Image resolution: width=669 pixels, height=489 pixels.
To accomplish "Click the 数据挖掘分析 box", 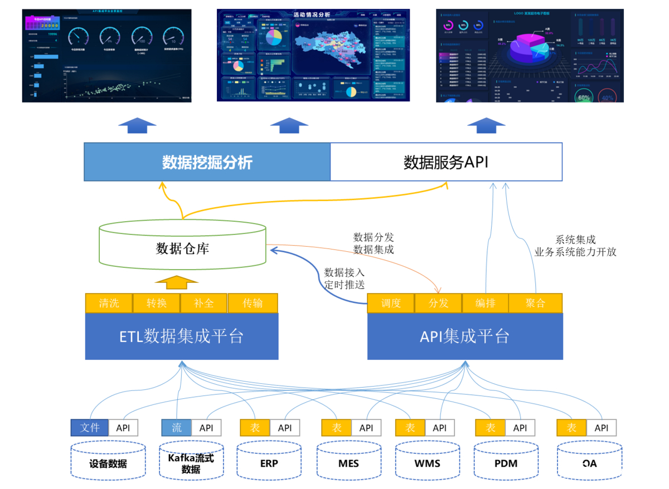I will pyautogui.click(x=207, y=162).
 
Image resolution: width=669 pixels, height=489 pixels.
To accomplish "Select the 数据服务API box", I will pyautogui.click(x=446, y=162).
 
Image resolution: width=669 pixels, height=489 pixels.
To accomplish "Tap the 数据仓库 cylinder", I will pyautogui.click(x=182, y=248).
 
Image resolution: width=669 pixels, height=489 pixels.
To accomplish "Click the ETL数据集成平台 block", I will pyautogui.click(x=182, y=336).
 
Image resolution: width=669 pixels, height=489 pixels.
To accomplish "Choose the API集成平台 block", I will pyautogui.click(x=464, y=336).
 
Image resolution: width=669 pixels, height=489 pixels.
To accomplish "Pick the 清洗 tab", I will pyautogui.click(x=109, y=304).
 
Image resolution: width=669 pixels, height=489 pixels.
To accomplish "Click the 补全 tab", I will pyautogui.click(x=204, y=304).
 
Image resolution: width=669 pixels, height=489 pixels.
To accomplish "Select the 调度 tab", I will pyautogui.click(x=391, y=304).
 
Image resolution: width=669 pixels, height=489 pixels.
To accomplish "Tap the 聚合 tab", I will pyautogui.click(x=535, y=304).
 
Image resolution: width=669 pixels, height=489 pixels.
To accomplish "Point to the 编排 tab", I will pyautogui.click(x=486, y=304).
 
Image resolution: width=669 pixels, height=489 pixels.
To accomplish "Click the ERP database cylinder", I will pyautogui.click(x=269, y=463).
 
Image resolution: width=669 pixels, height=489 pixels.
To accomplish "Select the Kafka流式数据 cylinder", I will pyautogui.click(x=191, y=463).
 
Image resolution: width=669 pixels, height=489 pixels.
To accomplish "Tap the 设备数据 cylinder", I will pyautogui.click(x=108, y=463).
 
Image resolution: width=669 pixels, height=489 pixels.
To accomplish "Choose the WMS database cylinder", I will pyautogui.click(x=427, y=463).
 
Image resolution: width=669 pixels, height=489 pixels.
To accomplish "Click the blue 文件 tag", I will pyautogui.click(x=90, y=428).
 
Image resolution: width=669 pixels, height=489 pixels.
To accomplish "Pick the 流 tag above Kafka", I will pyautogui.click(x=177, y=428).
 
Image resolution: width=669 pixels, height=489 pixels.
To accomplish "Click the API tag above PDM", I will pyautogui.click(x=520, y=428).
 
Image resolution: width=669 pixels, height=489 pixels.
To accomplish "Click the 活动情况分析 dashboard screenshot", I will pyautogui.click(x=313, y=55).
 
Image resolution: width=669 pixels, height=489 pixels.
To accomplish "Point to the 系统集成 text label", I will pyautogui.click(x=575, y=239).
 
